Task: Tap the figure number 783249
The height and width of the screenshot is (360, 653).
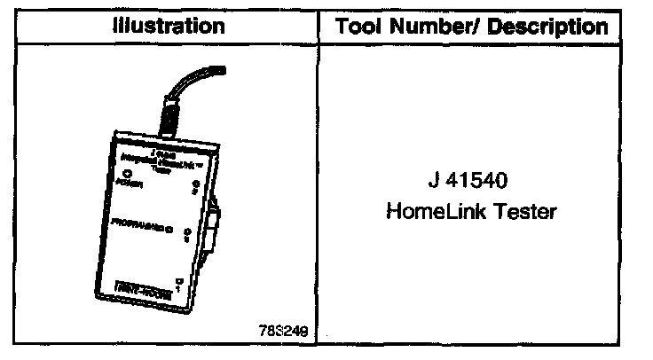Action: (x=285, y=334)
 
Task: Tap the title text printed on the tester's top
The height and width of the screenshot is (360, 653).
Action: (x=162, y=154)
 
